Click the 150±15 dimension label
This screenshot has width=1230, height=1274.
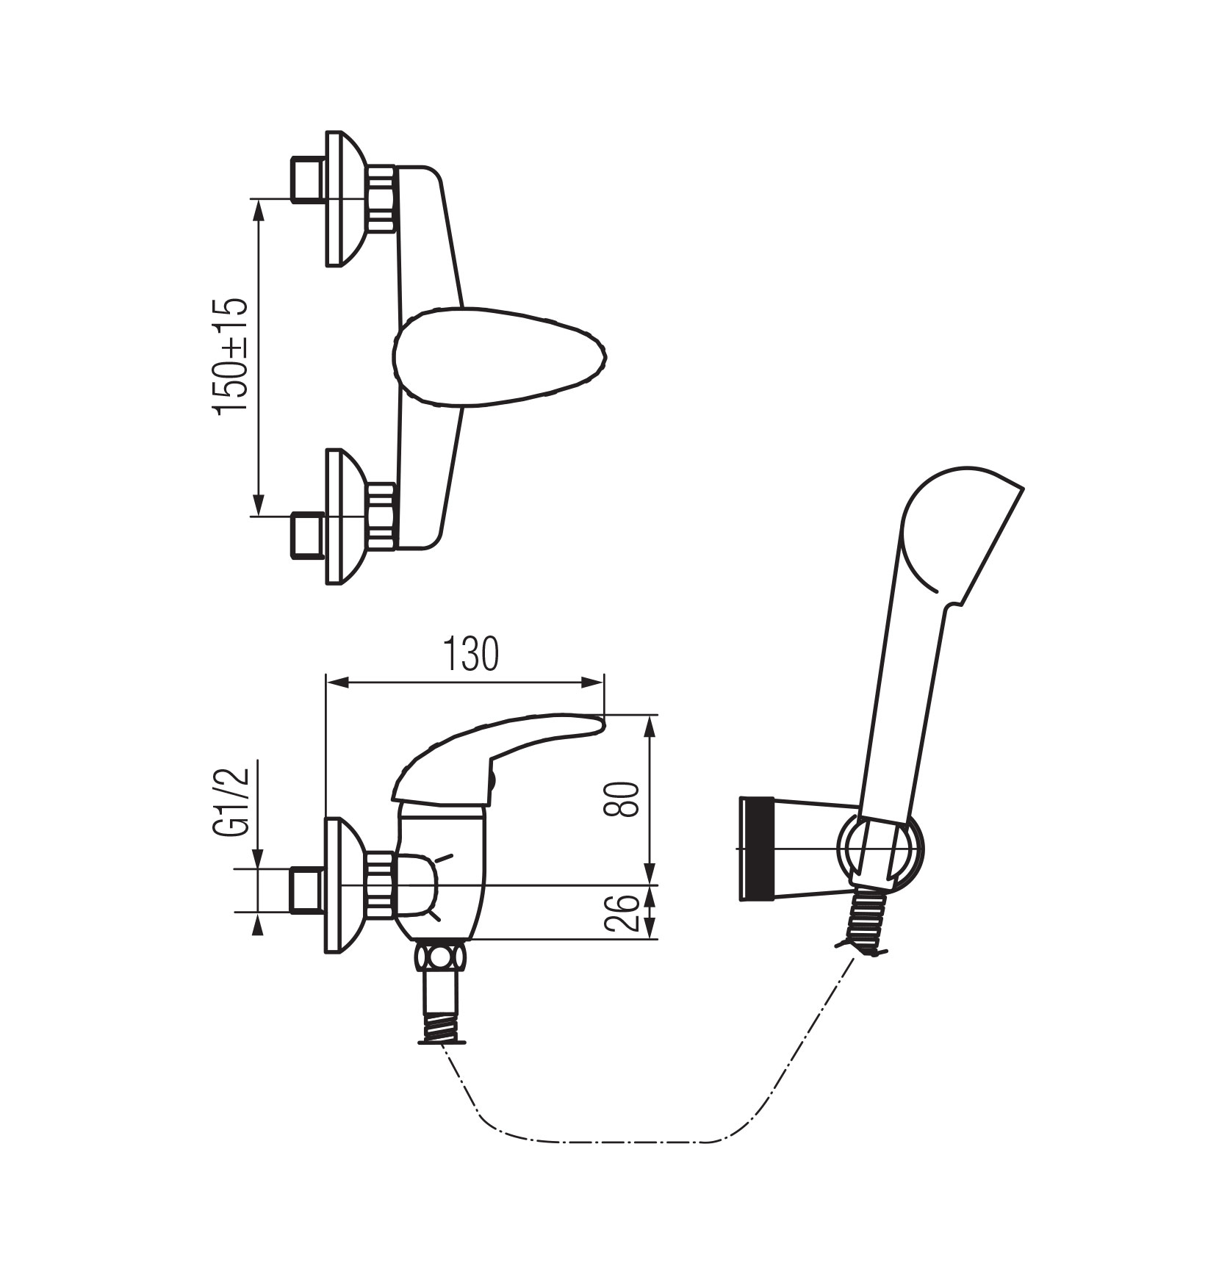(x=231, y=358)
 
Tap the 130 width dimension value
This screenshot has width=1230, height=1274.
(x=471, y=655)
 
